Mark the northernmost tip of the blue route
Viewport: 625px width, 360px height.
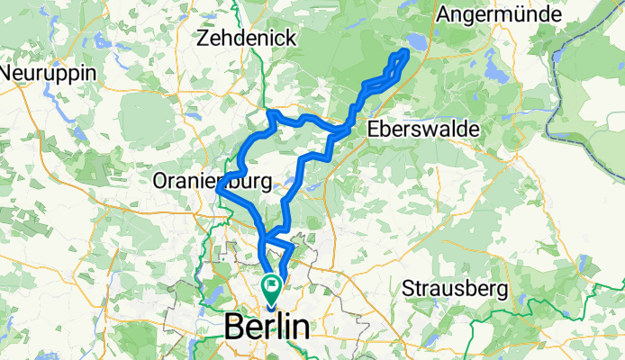[x=406, y=53]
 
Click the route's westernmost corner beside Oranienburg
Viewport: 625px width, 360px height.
[x=219, y=189]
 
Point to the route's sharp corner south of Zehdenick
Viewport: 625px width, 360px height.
[x=269, y=112]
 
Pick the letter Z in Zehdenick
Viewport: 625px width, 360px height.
[x=204, y=39]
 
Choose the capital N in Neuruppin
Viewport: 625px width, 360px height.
[x=6, y=72]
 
